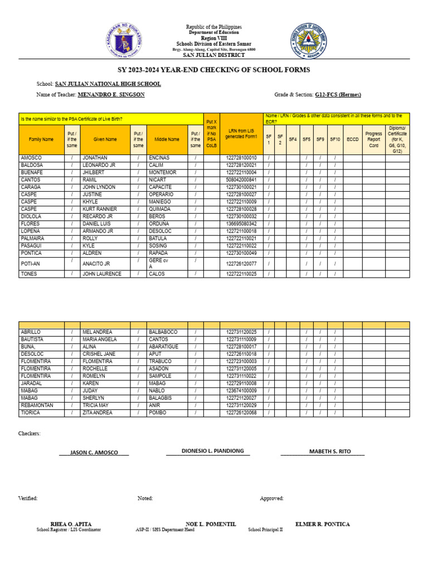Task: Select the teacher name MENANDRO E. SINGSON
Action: click(111, 95)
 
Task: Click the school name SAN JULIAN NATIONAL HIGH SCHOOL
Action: click(108, 84)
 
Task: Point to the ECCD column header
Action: click(352, 139)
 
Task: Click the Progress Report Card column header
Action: click(373, 139)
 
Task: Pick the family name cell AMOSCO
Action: click(31, 158)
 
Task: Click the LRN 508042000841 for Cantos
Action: click(241, 180)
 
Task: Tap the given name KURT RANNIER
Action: click(99, 209)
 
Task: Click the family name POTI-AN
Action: click(30, 264)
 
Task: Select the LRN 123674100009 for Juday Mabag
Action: click(241, 391)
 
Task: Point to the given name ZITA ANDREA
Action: click(98, 413)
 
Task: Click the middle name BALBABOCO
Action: click(163, 332)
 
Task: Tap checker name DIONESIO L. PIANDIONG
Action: click(212, 451)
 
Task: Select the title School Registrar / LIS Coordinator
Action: click(69, 530)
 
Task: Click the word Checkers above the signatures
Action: click(29, 433)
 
